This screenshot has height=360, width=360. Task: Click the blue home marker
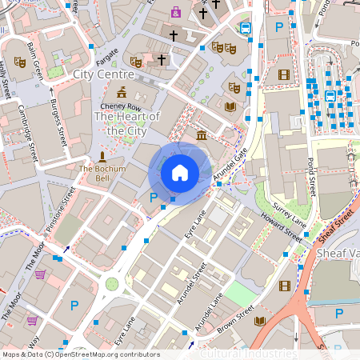click(180, 172)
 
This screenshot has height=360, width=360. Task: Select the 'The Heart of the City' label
click(127, 123)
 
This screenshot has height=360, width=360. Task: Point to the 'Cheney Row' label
click(120, 107)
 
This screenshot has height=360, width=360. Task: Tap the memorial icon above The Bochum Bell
click(102, 157)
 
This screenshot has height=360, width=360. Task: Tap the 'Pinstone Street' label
click(60, 210)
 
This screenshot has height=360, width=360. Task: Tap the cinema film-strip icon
click(283, 74)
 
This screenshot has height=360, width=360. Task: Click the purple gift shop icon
click(175, 13)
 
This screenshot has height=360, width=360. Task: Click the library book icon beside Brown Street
click(259, 321)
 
